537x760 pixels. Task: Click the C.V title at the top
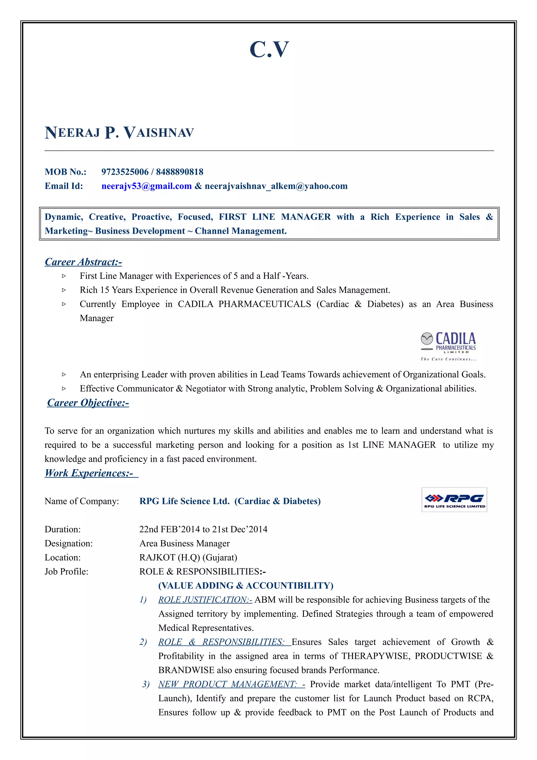coord(269,50)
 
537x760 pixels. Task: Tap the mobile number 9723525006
coord(125,172)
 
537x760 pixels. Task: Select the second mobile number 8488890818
coord(180,172)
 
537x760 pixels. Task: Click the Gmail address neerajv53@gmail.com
coord(147,186)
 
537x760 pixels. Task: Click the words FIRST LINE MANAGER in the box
coord(275,217)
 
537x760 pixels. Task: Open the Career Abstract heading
coord(83,262)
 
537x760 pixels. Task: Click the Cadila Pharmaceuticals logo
coord(448,346)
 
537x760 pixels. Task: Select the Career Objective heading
coord(88,403)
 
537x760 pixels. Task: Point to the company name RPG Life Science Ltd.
coord(184,501)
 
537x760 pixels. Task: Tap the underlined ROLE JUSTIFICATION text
coord(205,600)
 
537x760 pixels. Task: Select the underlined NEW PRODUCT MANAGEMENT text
coord(228,684)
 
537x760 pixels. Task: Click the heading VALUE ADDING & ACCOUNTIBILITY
coord(245,586)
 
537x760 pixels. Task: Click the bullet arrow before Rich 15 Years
coord(64,290)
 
